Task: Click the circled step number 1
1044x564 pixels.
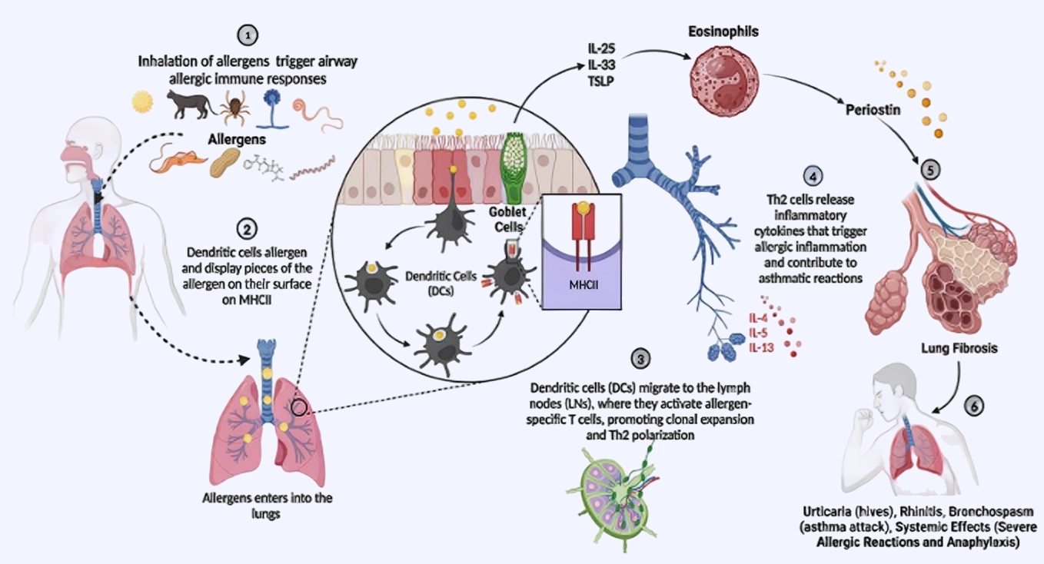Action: (246, 35)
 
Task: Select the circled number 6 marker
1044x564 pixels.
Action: (973, 405)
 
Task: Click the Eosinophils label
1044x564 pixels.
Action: (713, 32)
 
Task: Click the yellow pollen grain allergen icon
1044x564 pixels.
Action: (143, 101)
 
